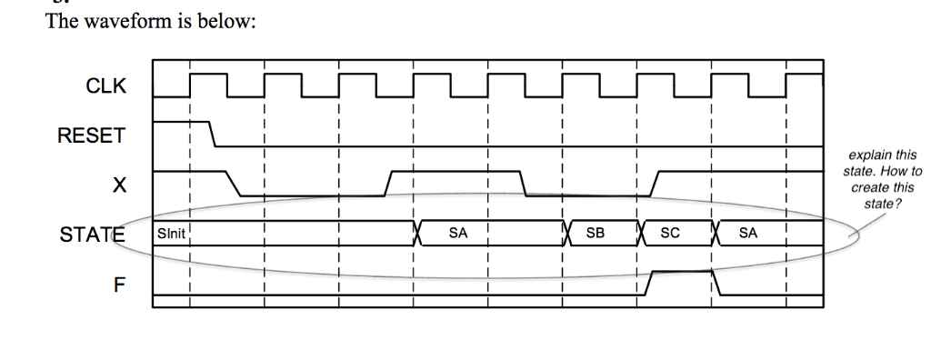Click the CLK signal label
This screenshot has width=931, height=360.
(x=106, y=87)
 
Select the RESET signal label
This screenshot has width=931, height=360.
(x=90, y=136)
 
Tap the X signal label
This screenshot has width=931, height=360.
(x=115, y=185)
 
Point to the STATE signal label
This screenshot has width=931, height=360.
(x=92, y=235)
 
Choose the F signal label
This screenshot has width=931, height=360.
(x=116, y=284)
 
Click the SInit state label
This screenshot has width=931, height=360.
(x=171, y=234)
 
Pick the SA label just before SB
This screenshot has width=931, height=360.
(x=458, y=234)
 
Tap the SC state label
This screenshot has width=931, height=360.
(x=670, y=234)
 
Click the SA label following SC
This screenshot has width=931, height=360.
(x=748, y=234)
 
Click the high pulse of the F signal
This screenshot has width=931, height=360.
(x=681, y=271)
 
